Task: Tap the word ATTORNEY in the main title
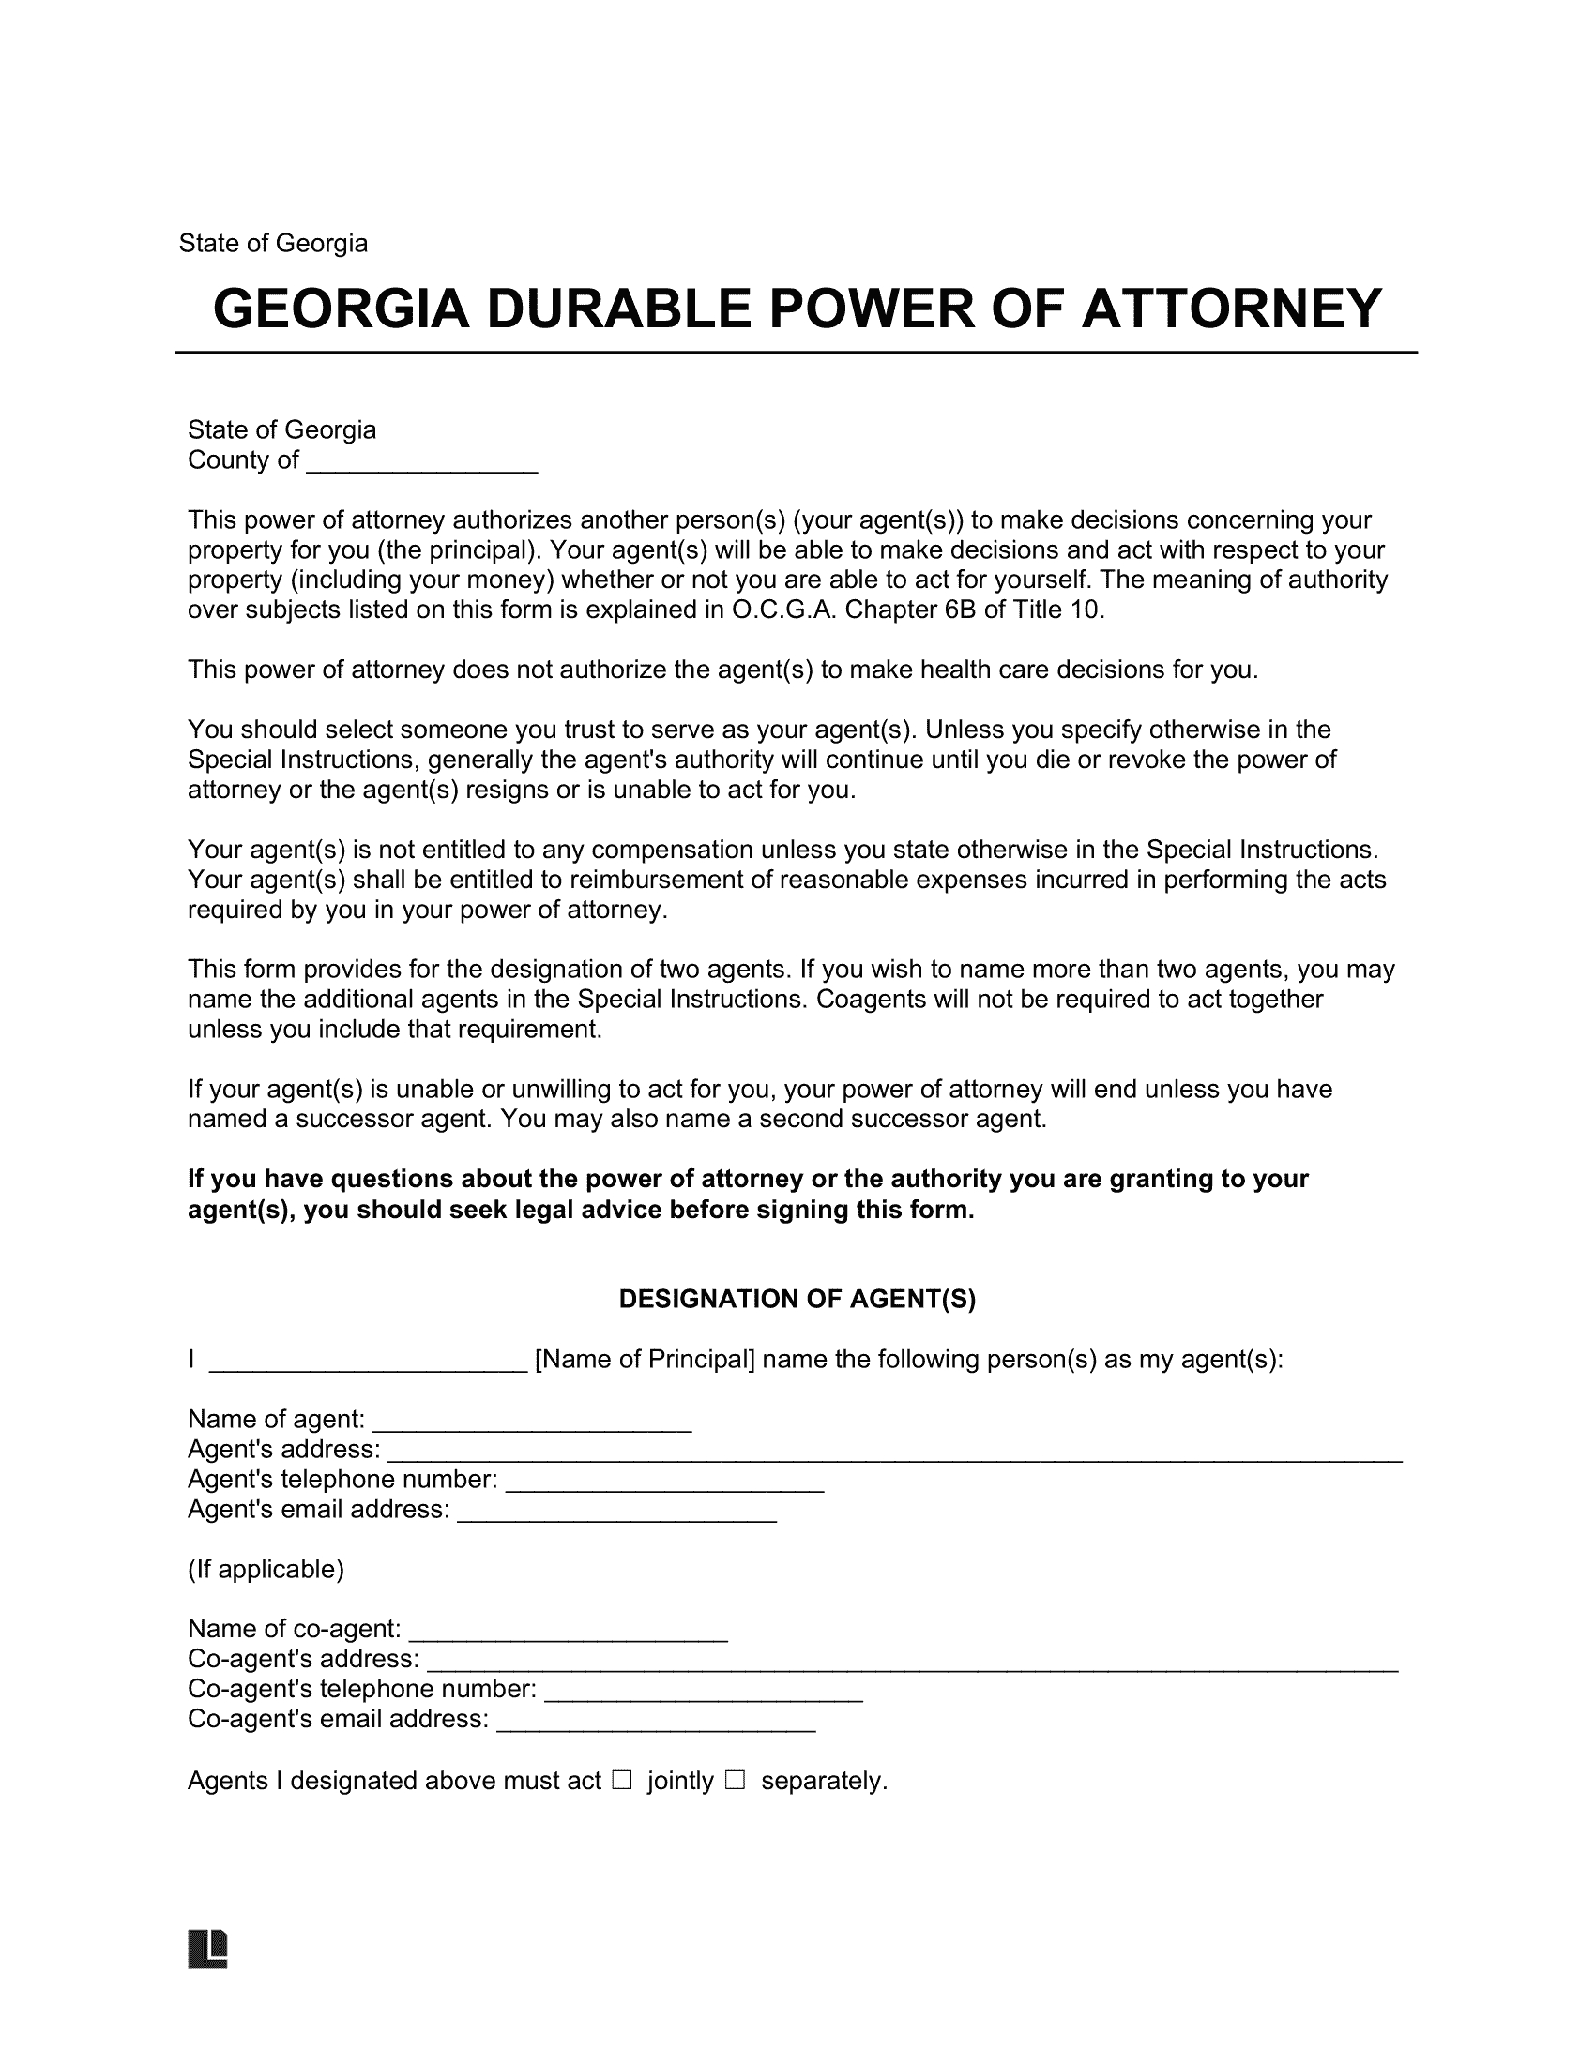pyautogui.click(x=1231, y=309)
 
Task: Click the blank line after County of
pyautogui.click(x=422, y=463)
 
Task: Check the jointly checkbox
pyautogui.click(x=622, y=1781)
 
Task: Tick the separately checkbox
pyautogui.click(x=736, y=1781)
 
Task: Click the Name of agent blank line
pyautogui.click(x=533, y=1422)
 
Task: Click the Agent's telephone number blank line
pyautogui.click(x=665, y=1482)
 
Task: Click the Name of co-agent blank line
pyautogui.click(x=568, y=1632)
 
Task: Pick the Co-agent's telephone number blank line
pyautogui.click(x=704, y=1692)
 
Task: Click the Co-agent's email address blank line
pyautogui.click(x=656, y=1722)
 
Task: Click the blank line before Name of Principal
pyautogui.click(x=368, y=1363)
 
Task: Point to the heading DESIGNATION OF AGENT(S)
pyautogui.click(x=797, y=1300)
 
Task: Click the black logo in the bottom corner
pyautogui.click(x=208, y=1948)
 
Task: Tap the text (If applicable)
pyautogui.click(x=266, y=1570)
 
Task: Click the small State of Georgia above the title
pyautogui.click(x=273, y=244)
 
